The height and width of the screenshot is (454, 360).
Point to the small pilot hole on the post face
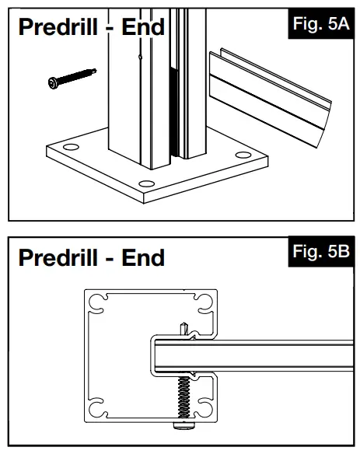[x=140, y=56]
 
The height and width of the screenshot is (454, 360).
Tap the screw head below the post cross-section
[x=183, y=428]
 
